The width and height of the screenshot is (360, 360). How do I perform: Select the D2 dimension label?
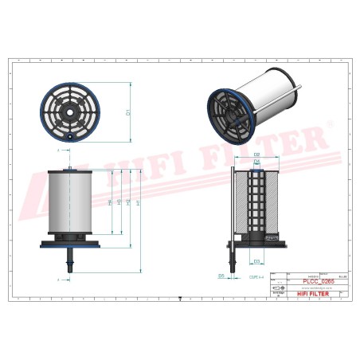point(257,153)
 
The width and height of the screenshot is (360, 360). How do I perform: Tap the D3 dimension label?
point(256,260)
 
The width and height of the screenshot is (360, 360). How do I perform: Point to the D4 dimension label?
point(256,162)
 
